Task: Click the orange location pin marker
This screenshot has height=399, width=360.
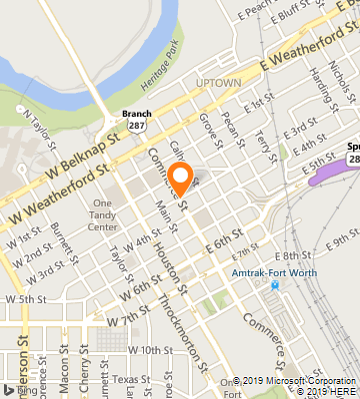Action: pyautogui.click(x=181, y=180)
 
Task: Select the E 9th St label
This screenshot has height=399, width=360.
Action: pyautogui.click(x=343, y=239)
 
